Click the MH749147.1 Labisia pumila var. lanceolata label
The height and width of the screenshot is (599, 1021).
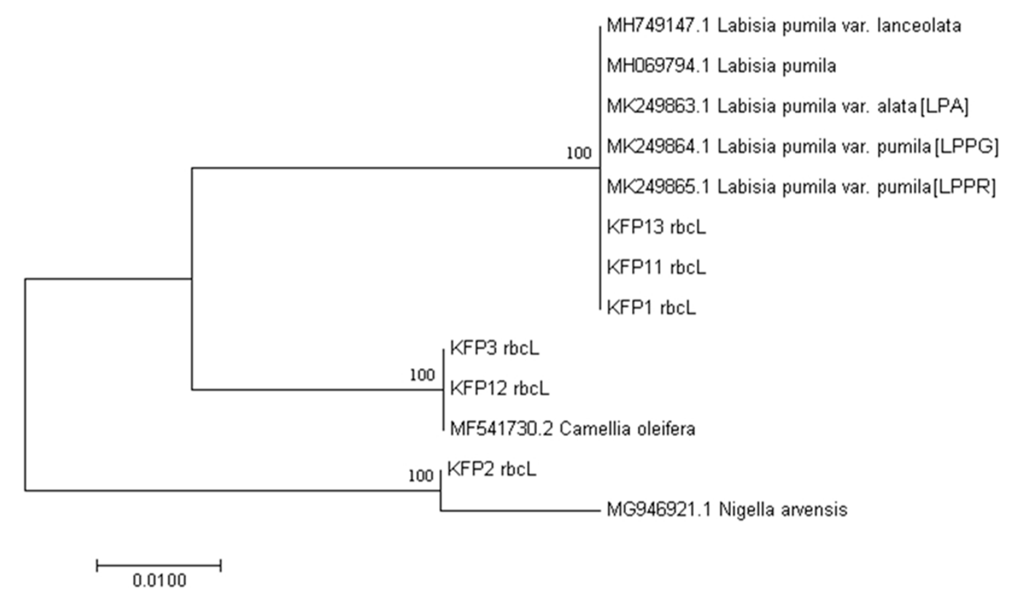click(784, 26)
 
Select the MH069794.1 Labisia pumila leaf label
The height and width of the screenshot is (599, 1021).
click(721, 66)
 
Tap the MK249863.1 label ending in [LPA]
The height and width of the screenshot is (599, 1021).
click(787, 106)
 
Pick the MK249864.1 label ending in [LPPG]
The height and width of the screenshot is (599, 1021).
click(802, 146)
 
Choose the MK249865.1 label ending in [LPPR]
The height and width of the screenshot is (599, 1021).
click(801, 187)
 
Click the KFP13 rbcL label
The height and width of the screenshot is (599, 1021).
click(656, 227)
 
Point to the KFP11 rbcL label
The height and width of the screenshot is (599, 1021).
click(656, 267)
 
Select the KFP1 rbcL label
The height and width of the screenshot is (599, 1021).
click(651, 307)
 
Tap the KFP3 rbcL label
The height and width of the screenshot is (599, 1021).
click(495, 348)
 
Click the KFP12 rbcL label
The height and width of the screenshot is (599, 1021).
click(500, 388)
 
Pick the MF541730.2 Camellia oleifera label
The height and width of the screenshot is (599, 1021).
click(572, 429)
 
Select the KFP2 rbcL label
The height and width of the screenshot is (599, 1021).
click(492, 469)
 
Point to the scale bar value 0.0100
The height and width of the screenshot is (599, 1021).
click(160, 581)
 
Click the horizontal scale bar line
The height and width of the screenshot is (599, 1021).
click(159, 565)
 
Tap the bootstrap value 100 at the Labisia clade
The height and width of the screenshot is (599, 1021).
click(579, 153)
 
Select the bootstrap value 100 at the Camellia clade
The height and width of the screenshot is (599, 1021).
click(422, 375)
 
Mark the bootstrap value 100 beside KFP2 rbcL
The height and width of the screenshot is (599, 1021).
click(421, 476)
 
